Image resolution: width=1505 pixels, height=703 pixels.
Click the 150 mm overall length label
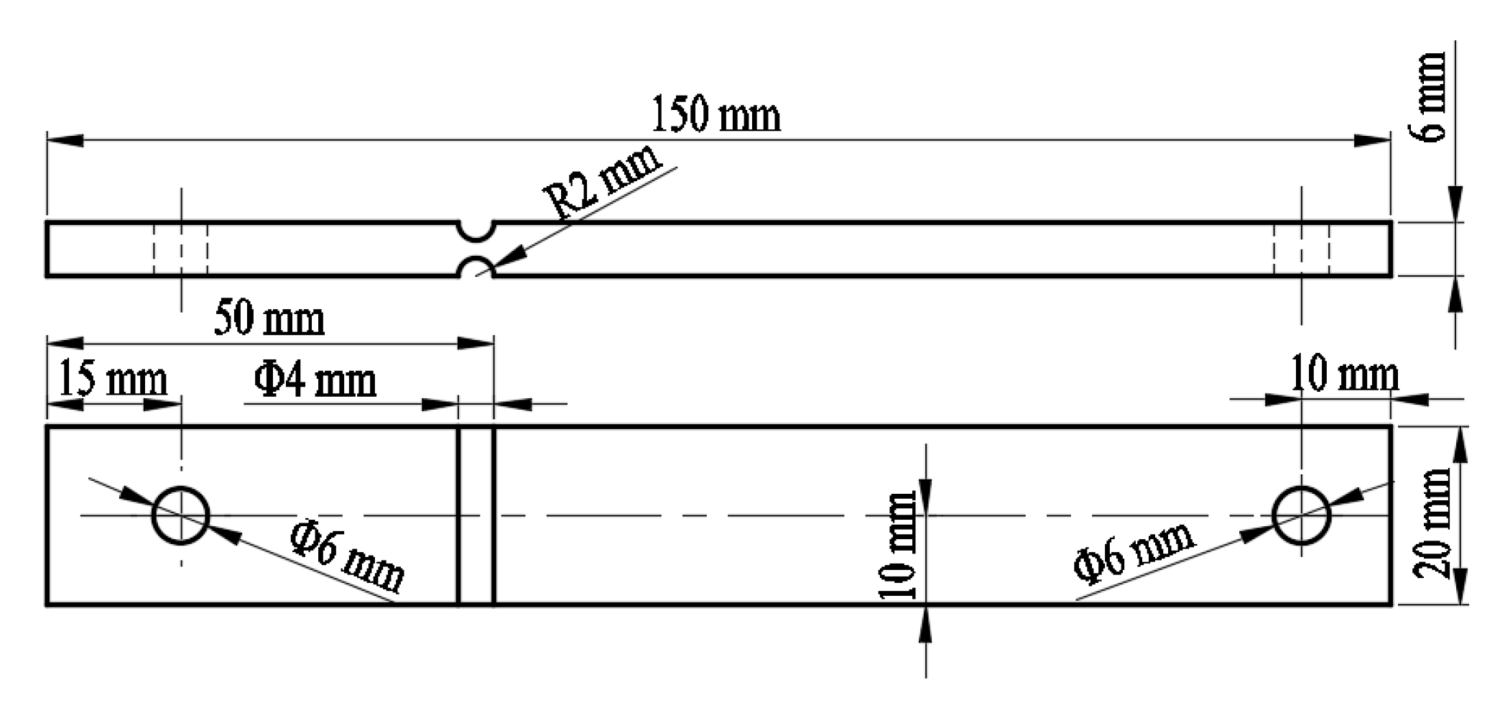coord(716,115)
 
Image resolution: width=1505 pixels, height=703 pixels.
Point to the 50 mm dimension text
coord(269,318)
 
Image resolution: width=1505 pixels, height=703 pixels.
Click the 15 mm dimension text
coord(112,379)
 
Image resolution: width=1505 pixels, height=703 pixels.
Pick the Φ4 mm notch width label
coord(315,380)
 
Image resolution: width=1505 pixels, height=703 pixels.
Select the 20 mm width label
coord(1431,523)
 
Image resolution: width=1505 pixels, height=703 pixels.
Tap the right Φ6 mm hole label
coord(1134,551)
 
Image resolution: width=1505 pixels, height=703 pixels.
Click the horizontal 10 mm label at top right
coord(1344,375)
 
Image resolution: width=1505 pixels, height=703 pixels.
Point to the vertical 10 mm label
coord(899,546)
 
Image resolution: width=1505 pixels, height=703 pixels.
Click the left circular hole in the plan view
coord(180,515)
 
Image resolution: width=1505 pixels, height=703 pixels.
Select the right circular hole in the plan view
coord(1301,515)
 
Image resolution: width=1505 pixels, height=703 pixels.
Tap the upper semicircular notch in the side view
coord(476,230)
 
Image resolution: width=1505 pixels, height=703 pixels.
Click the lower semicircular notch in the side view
coord(476,267)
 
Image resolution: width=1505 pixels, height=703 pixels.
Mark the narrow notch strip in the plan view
coord(476,515)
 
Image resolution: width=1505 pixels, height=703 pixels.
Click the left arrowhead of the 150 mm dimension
coord(65,140)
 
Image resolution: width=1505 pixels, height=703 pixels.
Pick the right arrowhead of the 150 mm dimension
coord(1372,140)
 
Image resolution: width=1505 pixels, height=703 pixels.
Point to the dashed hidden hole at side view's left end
coord(180,249)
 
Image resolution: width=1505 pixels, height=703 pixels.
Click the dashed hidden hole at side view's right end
coord(1301,249)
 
